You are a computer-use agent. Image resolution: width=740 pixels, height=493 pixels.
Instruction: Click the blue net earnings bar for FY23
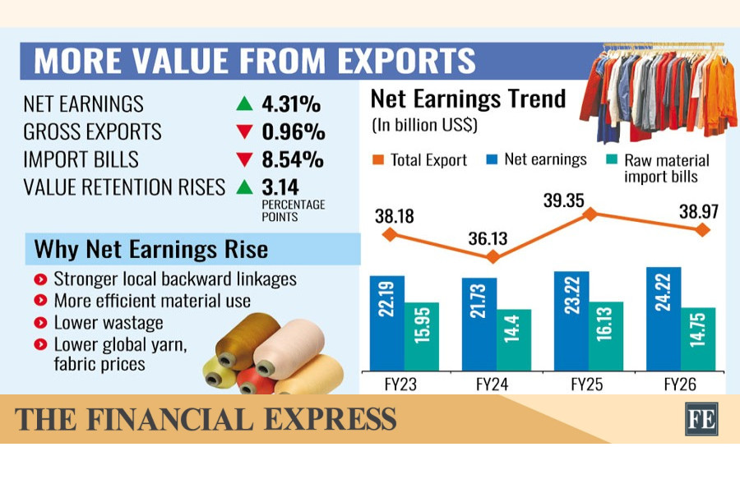[x=387, y=323]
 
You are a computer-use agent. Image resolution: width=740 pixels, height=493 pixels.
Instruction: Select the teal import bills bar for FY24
[x=513, y=340]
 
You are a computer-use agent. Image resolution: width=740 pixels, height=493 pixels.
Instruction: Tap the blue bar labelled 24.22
[x=664, y=319]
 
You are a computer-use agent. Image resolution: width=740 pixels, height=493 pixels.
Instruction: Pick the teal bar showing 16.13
[x=606, y=336]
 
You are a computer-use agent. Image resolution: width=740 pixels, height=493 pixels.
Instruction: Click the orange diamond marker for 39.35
[x=590, y=214]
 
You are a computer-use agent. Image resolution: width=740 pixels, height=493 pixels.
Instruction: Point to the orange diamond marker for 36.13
[x=493, y=256]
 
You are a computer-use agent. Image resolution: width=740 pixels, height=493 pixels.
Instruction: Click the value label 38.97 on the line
[x=698, y=211]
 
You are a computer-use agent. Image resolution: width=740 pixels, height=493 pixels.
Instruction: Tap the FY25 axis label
[x=586, y=385]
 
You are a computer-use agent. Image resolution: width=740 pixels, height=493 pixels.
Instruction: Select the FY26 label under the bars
[x=680, y=385]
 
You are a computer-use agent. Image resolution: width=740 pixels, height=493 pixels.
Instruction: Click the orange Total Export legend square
[x=378, y=160]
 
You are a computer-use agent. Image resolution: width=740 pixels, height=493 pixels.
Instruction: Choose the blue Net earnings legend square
[x=492, y=159]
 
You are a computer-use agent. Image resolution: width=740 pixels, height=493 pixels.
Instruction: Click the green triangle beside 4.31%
[x=244, y=104]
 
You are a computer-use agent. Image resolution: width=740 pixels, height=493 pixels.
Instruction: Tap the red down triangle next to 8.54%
[x=244, y=159]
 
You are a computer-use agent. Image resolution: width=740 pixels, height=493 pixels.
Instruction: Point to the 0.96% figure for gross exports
[x=293, y=131]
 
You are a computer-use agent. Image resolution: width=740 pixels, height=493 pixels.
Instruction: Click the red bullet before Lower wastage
[x=40, y=323]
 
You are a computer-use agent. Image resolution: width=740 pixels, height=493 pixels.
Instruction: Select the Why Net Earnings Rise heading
[x=151, y=249]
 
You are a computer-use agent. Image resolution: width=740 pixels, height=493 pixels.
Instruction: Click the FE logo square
[x=701, y=418]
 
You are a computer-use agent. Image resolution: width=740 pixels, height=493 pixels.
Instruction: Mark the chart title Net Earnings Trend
[x=468, y=99]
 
